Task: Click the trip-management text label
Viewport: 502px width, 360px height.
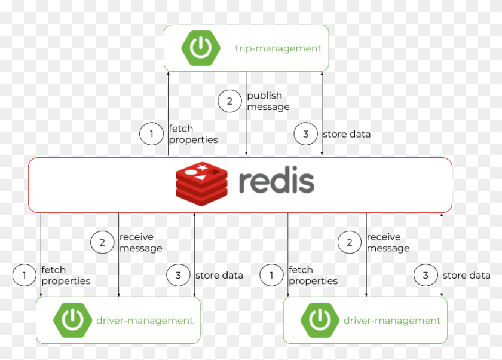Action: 278,48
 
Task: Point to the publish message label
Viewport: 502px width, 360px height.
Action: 268,101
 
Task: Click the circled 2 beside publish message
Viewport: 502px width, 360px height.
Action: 230,101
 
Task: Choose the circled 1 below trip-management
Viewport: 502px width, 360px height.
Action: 151,134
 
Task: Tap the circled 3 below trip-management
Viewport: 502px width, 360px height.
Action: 305,134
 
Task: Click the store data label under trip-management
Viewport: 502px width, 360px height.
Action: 347,134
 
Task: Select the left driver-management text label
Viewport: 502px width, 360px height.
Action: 145,321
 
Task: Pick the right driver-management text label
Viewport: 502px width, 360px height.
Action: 392,321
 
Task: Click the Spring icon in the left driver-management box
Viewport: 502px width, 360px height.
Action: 72,321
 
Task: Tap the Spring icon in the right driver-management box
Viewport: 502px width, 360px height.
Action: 320,321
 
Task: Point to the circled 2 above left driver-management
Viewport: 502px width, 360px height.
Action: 102,242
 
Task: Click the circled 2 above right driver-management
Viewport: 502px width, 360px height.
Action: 350,242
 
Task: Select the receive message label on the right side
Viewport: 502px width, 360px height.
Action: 388,242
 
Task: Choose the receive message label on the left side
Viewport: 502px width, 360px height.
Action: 140,242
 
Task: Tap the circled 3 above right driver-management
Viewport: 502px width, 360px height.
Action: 426,275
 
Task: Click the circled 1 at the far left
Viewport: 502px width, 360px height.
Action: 24,275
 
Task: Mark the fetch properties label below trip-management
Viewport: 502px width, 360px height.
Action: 193,134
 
